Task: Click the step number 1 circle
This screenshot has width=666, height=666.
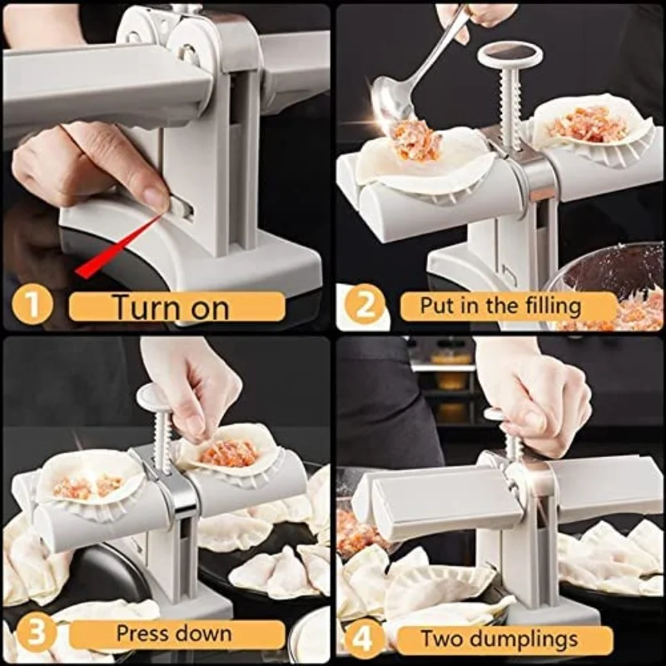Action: tap(31, 306)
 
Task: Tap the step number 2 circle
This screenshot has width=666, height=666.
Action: tap(363, 306)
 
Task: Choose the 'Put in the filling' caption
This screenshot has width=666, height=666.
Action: tap(500, 306)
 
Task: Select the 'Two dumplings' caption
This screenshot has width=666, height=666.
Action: tap(499, 639)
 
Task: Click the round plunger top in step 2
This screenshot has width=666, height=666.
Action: tap(509, 56)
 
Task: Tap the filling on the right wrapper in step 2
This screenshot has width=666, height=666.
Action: tap(587, 125)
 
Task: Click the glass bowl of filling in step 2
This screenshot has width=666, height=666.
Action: tap(612, 287)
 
